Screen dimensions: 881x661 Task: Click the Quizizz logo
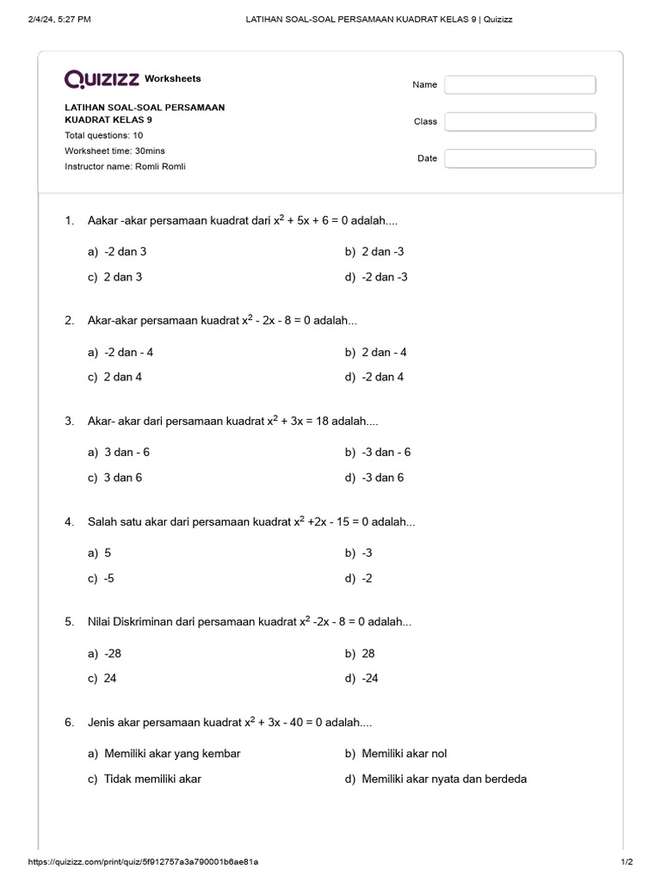point(102,79)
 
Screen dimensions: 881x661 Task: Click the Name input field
point(520,84)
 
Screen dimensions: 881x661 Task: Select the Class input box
point(520,121)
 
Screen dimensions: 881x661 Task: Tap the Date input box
point(520,158)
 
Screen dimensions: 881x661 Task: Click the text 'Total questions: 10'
point(104,135)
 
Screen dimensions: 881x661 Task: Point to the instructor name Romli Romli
point(125,166)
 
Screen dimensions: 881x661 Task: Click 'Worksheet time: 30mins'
point(114,151)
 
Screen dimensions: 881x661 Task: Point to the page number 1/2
point(626,861)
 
